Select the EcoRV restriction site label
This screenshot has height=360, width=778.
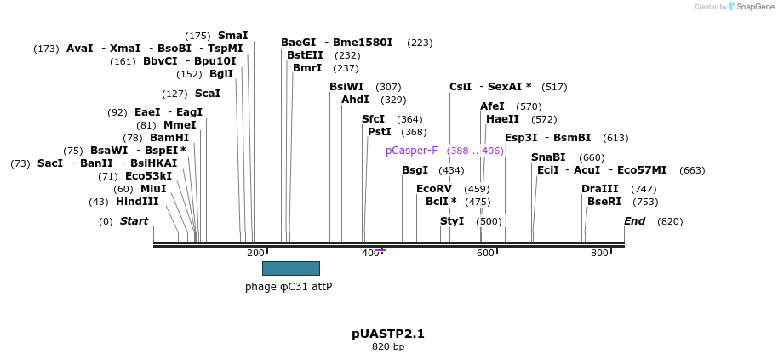tap(433, 189)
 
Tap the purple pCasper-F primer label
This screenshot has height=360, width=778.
tap(411, 151)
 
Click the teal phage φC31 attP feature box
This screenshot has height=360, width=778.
tap(290, 268)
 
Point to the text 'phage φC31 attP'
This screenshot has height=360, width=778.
tap(289, 287)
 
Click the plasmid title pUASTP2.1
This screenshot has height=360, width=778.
tap(388, 334)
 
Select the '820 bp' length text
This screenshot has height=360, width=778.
tap(388, 346)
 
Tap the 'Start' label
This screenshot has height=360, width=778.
tap(134, 221)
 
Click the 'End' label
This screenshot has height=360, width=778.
tap(634, 221)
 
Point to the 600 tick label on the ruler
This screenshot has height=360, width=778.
tap(485, 253)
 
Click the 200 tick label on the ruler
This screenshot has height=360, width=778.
tap(255, 253)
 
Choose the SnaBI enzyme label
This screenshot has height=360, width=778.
tap(548, 157)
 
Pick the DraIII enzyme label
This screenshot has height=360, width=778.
tap(600, 189)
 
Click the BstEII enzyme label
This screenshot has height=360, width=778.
tap(305, 55)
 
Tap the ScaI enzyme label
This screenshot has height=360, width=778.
tap(207, 94)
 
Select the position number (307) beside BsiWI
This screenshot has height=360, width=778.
tap(388, 87)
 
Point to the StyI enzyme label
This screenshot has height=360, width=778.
tap(452, 221)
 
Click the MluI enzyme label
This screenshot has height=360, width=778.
tap(153, 189)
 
